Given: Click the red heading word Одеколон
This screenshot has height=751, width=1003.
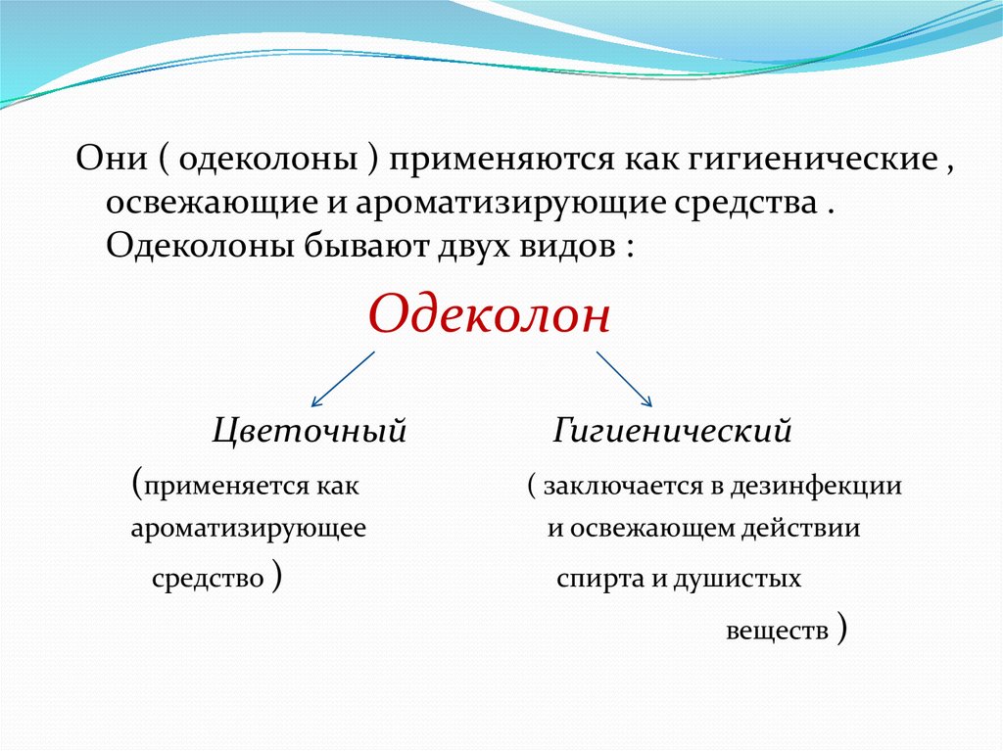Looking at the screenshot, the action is [490, 314].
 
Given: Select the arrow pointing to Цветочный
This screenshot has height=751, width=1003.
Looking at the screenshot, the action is [343, 379].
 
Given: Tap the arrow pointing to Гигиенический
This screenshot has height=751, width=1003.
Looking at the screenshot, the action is [624, 379].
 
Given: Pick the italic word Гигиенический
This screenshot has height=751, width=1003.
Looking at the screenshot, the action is [672, 430].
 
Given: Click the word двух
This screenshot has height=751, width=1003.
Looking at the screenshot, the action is [475, 248].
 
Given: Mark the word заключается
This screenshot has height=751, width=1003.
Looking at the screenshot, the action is [623, 487].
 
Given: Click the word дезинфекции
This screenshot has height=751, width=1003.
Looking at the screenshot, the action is [816, 488].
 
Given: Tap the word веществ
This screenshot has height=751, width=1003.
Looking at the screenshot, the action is [777, 631].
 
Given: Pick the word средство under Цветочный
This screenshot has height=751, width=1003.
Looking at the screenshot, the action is [208, 579].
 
